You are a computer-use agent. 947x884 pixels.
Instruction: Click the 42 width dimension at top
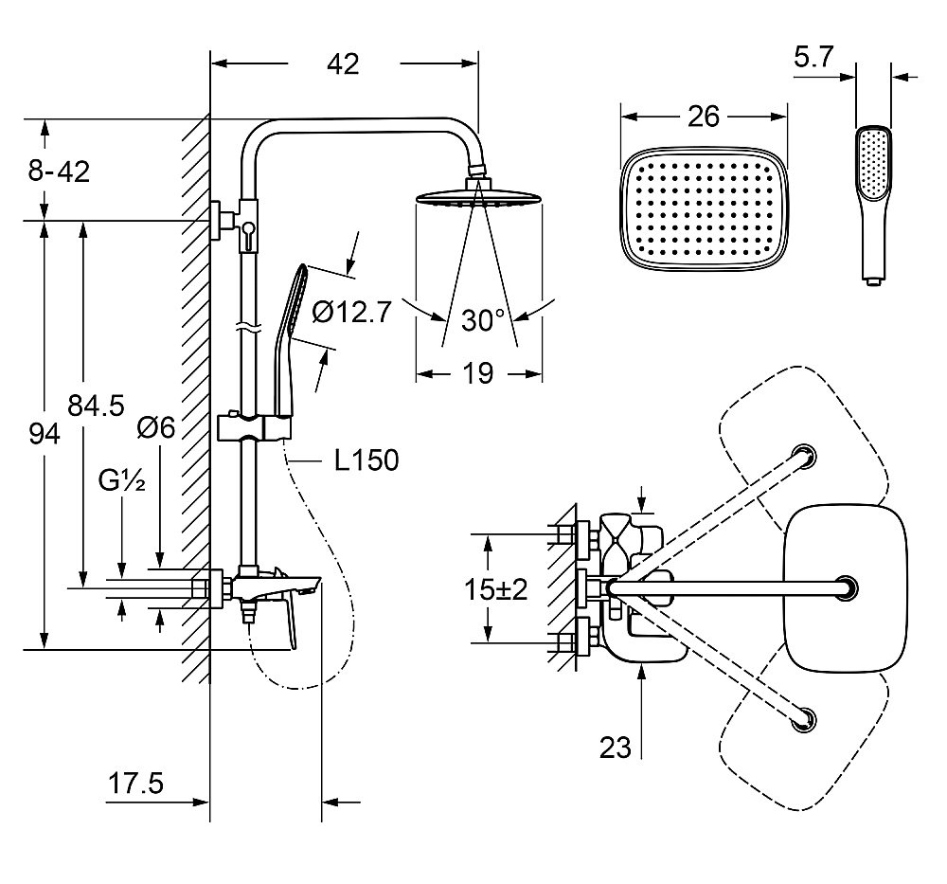tap(343, 64)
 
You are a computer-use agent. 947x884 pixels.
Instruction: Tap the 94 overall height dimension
tap(44, 435)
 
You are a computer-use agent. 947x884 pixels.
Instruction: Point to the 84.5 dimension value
tap(96, 406)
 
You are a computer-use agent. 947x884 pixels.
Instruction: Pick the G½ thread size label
tap(122, 482)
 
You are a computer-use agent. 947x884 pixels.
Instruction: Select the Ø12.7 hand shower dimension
tap(350, 312)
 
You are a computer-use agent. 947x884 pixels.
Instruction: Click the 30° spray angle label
tap(483, 320)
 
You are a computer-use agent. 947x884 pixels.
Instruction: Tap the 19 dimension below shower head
tap(479, 373)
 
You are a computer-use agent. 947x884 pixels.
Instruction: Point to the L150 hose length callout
tap(366, 460)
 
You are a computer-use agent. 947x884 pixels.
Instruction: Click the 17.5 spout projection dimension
tap(134, 785)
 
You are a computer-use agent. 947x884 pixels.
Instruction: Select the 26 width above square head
tap(704, 116)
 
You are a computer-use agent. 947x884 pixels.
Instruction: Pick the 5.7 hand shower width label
tap(813, 59)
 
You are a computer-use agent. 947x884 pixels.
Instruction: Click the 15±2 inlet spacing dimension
tap(496, 589)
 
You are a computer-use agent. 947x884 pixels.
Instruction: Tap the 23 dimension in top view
tap(616, 748)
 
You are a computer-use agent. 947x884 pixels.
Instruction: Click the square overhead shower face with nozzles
tap(704, 210)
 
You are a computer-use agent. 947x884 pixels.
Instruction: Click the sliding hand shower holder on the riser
tap(256, 427)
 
